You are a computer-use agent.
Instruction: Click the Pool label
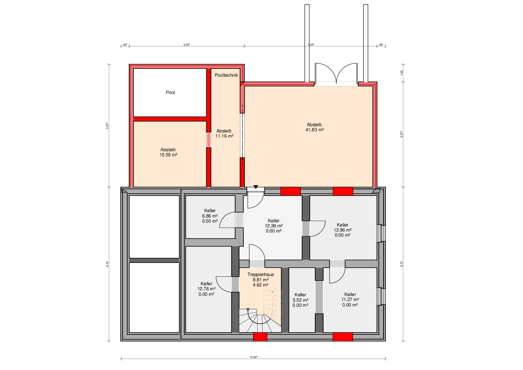pos(170,92)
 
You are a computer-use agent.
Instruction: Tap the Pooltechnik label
pos(226,75)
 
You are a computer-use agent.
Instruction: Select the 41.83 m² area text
pos(315,130)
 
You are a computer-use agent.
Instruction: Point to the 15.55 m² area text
pos(168,155)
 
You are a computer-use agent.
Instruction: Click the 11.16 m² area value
pos(224,136)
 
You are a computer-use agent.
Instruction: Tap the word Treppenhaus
pos(261,275)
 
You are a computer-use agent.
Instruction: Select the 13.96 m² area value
pos(343,230)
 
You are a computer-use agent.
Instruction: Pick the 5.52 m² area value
pos(300,300)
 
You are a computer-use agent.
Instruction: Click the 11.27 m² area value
pos(350,300)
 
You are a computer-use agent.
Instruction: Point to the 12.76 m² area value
pos(206,289)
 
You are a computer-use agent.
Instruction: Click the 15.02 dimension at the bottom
pos(253,357)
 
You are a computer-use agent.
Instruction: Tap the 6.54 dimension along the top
pos(187,45)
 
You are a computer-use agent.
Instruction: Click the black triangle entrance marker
pos(256,187)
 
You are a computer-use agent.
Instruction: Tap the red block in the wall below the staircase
pos(260,337)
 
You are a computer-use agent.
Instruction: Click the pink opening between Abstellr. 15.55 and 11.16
pos(209,140)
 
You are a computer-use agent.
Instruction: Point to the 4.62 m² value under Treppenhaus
pos(261,285)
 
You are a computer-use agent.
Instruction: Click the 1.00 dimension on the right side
pos(402,73)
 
